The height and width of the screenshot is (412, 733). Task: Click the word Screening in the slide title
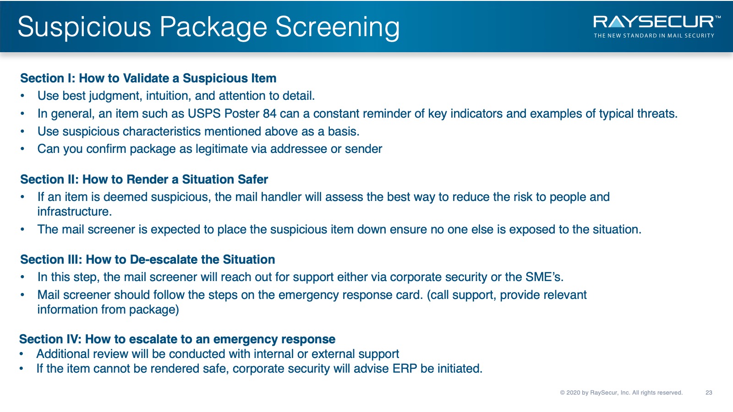click(x=337, y=27)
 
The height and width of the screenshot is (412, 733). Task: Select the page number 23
click(x=709, y=392)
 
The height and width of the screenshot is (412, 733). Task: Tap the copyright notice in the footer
click(x=621, y=392)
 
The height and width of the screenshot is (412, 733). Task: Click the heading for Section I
click(x=148, y=78)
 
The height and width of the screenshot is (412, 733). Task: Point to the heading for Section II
click(x=144, y=179)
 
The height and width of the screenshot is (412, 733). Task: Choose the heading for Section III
click(x=148, y=259)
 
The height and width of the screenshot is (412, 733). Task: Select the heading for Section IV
click(x=177, y=339)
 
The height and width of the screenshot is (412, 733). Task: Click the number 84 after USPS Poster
click(x=270, y=114)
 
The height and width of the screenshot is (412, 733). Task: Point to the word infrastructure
click(x=74, y=211)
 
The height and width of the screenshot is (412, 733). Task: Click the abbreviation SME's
click(x=544, y=277)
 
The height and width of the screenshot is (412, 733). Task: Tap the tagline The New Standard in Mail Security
click(x=654, y=35)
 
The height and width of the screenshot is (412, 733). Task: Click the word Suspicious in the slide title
click(x=84, y=27)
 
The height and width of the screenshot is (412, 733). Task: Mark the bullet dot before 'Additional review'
click(x=21, y=354)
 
